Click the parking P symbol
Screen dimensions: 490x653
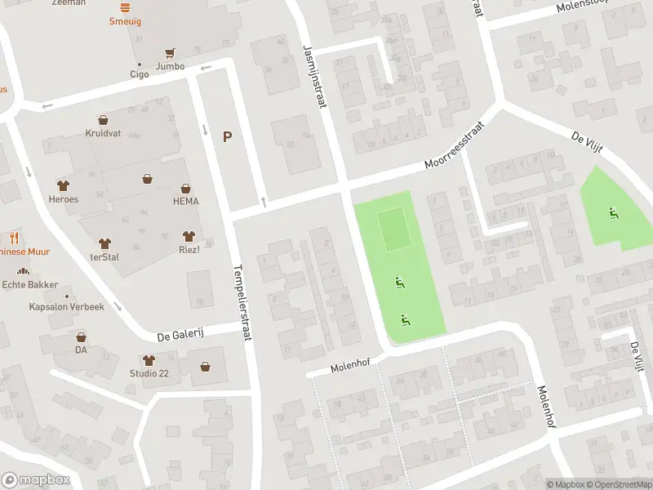pos(227,137)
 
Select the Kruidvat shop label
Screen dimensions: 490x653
pos(103,132)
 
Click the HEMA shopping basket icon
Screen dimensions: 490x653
pos(186,188)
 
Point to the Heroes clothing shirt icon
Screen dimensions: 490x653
pos(63,186)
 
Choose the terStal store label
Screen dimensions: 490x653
pos(105,256)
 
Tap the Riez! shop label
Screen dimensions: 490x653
pos(190,249)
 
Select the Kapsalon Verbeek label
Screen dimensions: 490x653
pos(67,307)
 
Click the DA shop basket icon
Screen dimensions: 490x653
pos(81,336)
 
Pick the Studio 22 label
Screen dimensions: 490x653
pos(149,373)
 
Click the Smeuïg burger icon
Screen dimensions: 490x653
pos(125,7)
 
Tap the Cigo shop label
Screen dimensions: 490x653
pos(139,73)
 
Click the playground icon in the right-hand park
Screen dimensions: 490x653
pos(612,214)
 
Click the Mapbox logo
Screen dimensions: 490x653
pos(35,480)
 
